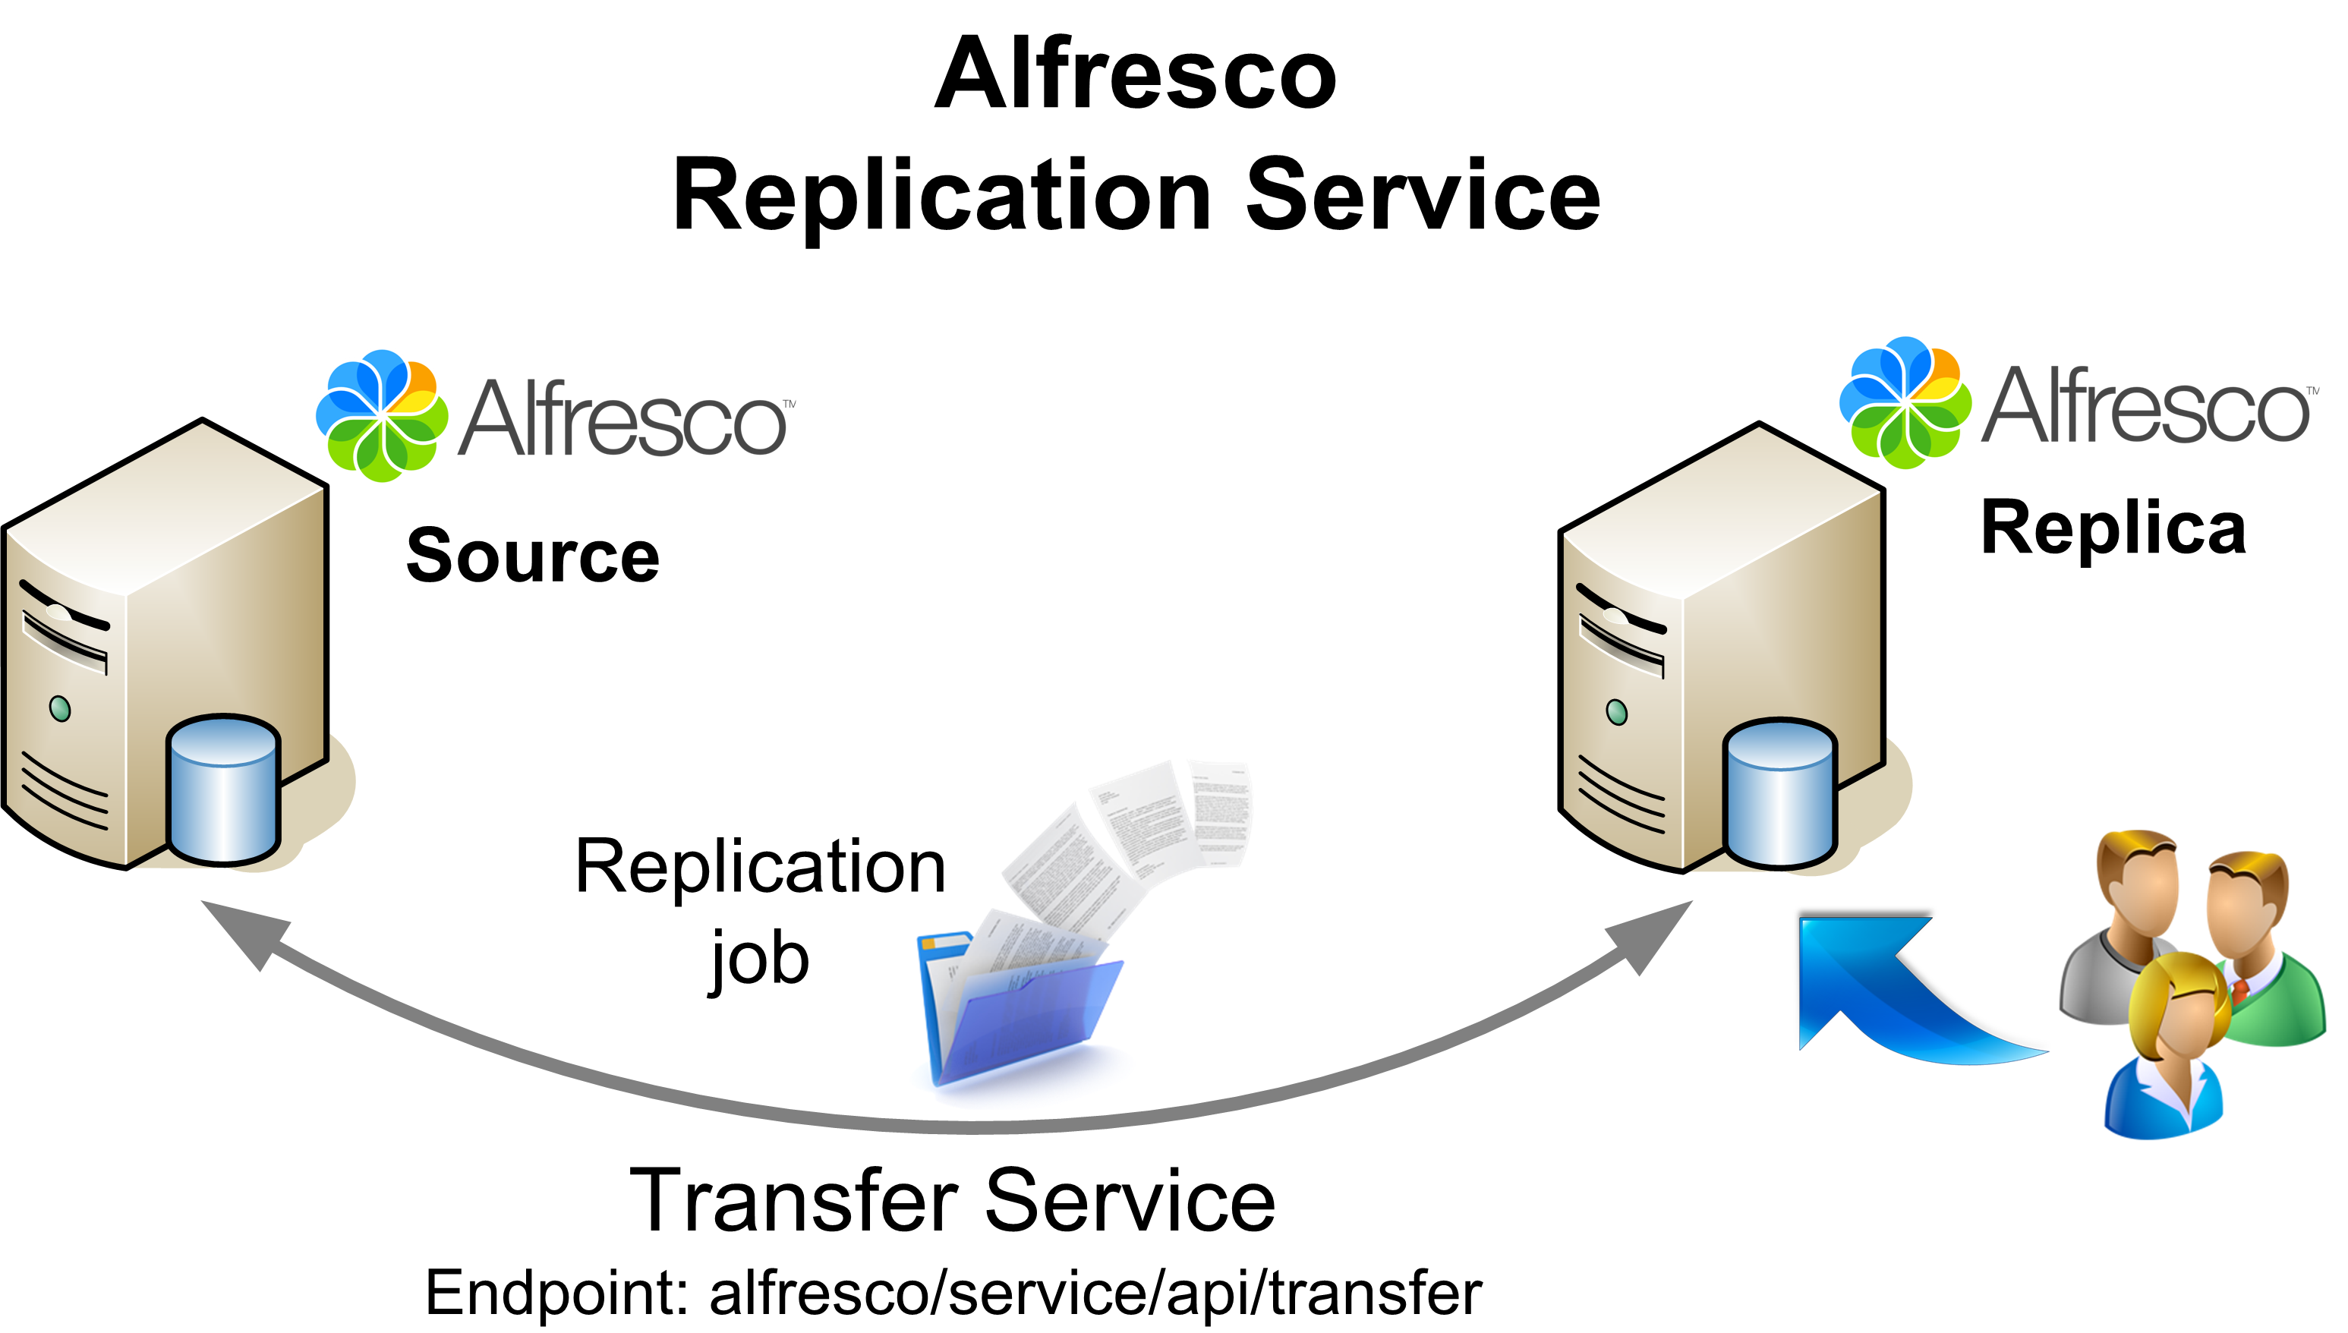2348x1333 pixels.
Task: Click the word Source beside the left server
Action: pos(533,556)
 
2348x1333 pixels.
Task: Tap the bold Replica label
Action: pos(2113,528)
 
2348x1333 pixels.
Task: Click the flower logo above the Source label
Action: pos(382,416)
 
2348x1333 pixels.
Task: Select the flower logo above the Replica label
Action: pos(1905,403)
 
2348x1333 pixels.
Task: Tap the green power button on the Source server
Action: pos(61,708)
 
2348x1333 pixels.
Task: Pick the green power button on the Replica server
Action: pos(1617,711)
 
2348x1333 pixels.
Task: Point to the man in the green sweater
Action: pos(2261,952)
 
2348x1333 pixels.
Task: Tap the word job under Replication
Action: pos(759,960)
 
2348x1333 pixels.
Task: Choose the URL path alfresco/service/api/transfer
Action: pos(1095,1293)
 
